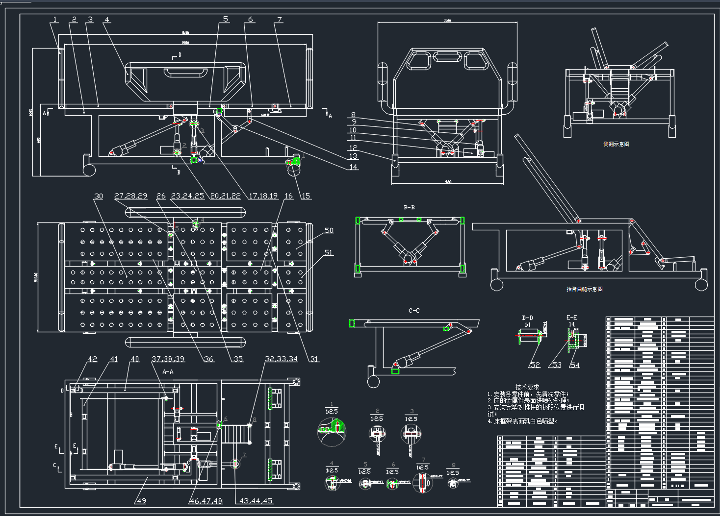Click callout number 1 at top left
pyautogui.click(x=55, y=20)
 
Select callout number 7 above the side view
pyautogui.click(x=280, y=20)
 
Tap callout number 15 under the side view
pyautogui.click(x=306, y=196)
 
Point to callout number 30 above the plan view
pyautogui.click(x=99, y=196)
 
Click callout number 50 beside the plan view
pyautogui.click(x=329, y=230)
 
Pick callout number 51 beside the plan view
pyautogui.click(x=329, y=253)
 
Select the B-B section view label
pyautogui.click(x=409, y=207)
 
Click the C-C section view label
pyautogui.click(x=414, y=311)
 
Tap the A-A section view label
pyautogui.click(x=168, y=372)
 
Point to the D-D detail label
pyautogui.click(x=527, y=318)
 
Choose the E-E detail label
pyautogui.click(x=571, y=318)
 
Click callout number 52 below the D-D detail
pyautogui.click(x=535, y=365)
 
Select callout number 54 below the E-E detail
pyautogui.click(x=574, y=365)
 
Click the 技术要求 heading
pyautogui.click(x=527, y=387)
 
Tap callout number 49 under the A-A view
pyautogui.click(x=141, y=501)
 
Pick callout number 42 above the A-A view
pyautogui.click(x=92, y=359)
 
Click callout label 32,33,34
pyautogui.click(x=281, y=359)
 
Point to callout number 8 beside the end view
pyautogui.click(x=353, y=115)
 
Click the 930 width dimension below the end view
pyautogui.click(x=448, y=182)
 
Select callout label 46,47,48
pyautogui.click(x=206, y=501)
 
